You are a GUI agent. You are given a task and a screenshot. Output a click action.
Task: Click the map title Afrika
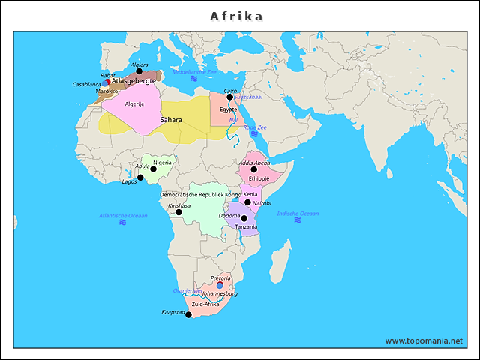pyautogui.click(x=236, y=16)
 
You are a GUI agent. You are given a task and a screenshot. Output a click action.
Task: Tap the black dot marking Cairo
pyautogui.click(x=230, y=97)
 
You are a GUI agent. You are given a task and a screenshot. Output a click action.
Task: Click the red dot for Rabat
pyautogui.click(x=107, y=82)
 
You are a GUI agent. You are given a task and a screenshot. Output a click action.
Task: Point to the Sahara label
pyautogui.click(x=171, y=120)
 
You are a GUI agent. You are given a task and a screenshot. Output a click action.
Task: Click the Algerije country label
pyautogui.click(x=134, y=104)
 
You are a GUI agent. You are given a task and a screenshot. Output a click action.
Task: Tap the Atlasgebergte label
pyautogui.click(x=133, y=80)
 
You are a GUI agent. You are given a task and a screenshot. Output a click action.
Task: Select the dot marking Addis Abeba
pyautogui.click(x=254, y=169)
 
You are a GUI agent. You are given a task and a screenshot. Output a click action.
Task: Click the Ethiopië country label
pyautogui.click(x=259, y=179)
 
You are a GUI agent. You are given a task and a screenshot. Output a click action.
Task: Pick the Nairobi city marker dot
pyautogui.click(x=248, y=202)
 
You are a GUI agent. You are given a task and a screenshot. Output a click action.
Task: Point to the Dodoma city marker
pyautogui.click(x=244, y=218)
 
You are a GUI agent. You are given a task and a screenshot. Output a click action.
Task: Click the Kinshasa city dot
pyautogui.click(x=178, y=212)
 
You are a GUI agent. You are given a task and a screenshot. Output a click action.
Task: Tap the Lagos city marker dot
pyautogui.click(x=140, y=178)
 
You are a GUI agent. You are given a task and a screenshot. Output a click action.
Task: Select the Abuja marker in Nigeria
pyautogui.click(x=153, y=169)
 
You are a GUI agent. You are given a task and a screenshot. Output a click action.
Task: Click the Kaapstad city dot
pyautogui.click(x=188, y=315)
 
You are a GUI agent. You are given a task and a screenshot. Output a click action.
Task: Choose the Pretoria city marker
pyautogui.click(x=220, y=284)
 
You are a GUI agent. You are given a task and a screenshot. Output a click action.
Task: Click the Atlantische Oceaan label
pyautogui.click(x=123, y=216)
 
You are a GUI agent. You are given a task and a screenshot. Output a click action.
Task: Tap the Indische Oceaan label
pyautogui.click(x=298, y=214)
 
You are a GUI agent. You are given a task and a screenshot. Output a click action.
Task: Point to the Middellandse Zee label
pyautogui.click(x=193, y=72)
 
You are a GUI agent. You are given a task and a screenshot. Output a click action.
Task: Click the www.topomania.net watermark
pyautogui.click(x=424, y=340)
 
